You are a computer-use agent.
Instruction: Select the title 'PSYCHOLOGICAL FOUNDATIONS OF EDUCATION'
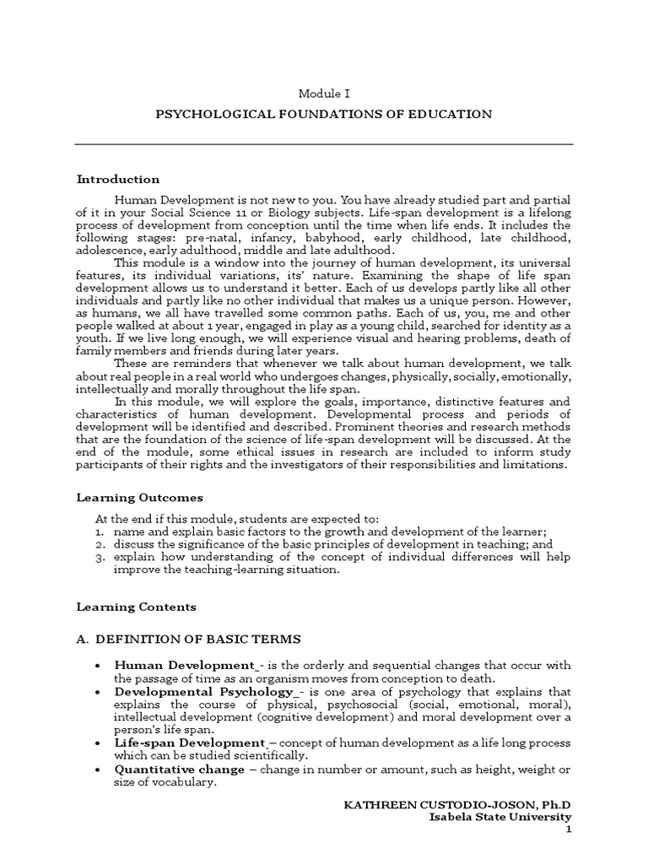pyautogui.click(x=324, y=113)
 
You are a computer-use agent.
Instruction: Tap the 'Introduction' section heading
pyautogui.click(x=118, y=179)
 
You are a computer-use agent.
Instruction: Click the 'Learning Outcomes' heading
pyautogui.click(x=139, y=497)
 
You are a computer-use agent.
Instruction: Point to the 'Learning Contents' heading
pyautogui.click(x=136, y=606)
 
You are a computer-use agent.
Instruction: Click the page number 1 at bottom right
pyautogui.click(x=568, y=830)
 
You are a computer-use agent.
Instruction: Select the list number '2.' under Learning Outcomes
pyautogui.click(x=100, y=543)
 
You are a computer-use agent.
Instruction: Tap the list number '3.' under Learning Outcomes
pyautogui.click(x=100, y=557)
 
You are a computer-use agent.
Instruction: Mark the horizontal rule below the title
pyautogui.click(x=324, y=144)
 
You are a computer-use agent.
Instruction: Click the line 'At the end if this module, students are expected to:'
pyautogui.click(x=237, y=517)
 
